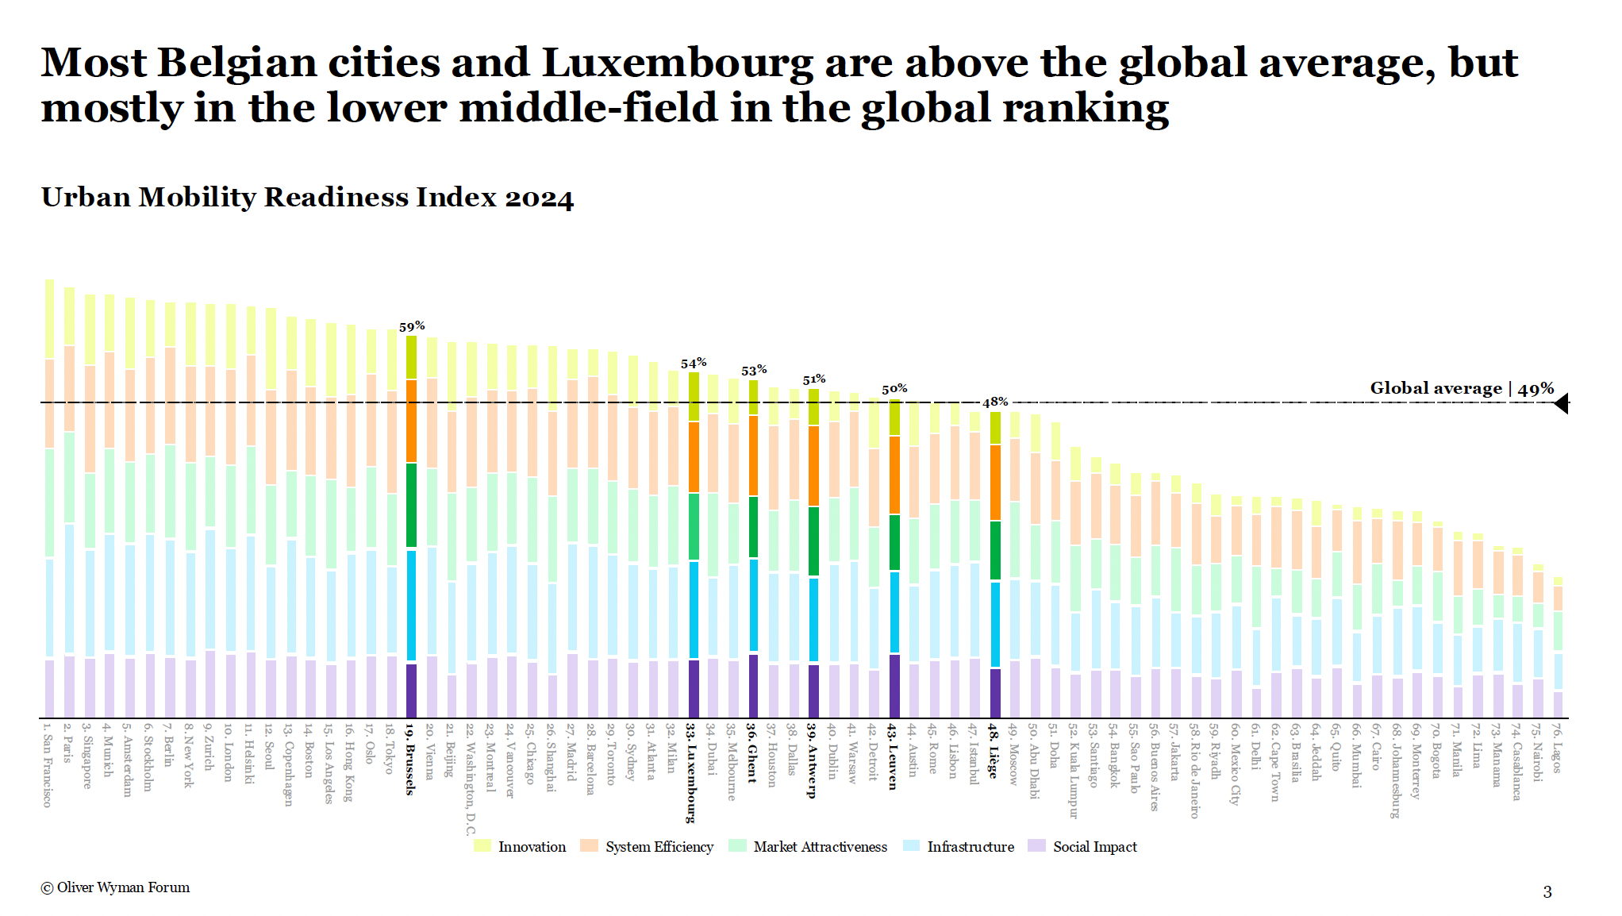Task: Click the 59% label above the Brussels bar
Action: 412,326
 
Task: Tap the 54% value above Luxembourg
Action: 694,364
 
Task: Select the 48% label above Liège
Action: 995,402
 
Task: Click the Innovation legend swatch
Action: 482,846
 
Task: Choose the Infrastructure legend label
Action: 971,847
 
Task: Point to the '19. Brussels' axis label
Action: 410,759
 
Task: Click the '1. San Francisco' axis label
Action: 48,765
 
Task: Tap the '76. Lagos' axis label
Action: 1556,747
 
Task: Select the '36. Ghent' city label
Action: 751,753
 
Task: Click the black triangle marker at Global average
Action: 1561,404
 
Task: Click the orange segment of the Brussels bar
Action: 411,421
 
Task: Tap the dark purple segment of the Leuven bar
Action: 894,685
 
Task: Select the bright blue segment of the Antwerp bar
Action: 813,619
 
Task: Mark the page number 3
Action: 1547,892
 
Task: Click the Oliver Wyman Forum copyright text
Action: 116,887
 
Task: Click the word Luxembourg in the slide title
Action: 677,64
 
